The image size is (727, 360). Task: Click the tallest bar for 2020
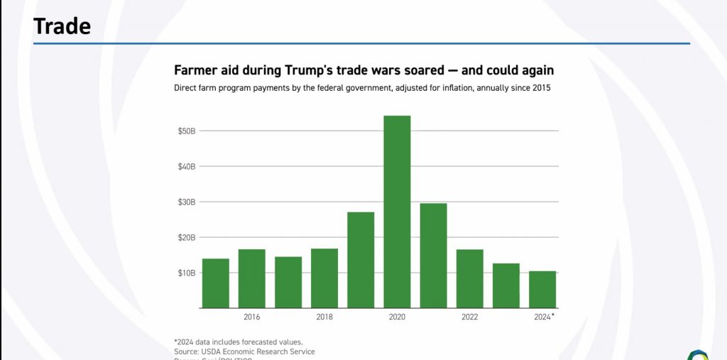click(397, 212)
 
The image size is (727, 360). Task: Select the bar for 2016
click(251, 278)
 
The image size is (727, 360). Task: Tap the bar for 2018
click(324, 278)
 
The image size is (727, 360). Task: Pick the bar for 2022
click(470, 278)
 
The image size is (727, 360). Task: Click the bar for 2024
click(542, 290)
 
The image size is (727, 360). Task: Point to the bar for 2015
click(215, 283)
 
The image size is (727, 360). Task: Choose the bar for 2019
click(361, 260)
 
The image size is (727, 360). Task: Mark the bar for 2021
click(433, 256)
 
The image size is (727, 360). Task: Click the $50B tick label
click(187, 131)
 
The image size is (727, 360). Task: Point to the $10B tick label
click(187, 273)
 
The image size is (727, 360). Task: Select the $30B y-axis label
click(187, 202)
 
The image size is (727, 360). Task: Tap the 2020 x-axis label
click(397, 317)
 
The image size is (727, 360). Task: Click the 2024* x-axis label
click(544, 317)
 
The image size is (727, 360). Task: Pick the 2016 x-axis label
click(251, 317)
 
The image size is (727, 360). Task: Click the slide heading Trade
click(62, 26)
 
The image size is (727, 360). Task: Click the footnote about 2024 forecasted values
click(238, 342)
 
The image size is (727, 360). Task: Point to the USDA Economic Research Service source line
click(244, 351)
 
